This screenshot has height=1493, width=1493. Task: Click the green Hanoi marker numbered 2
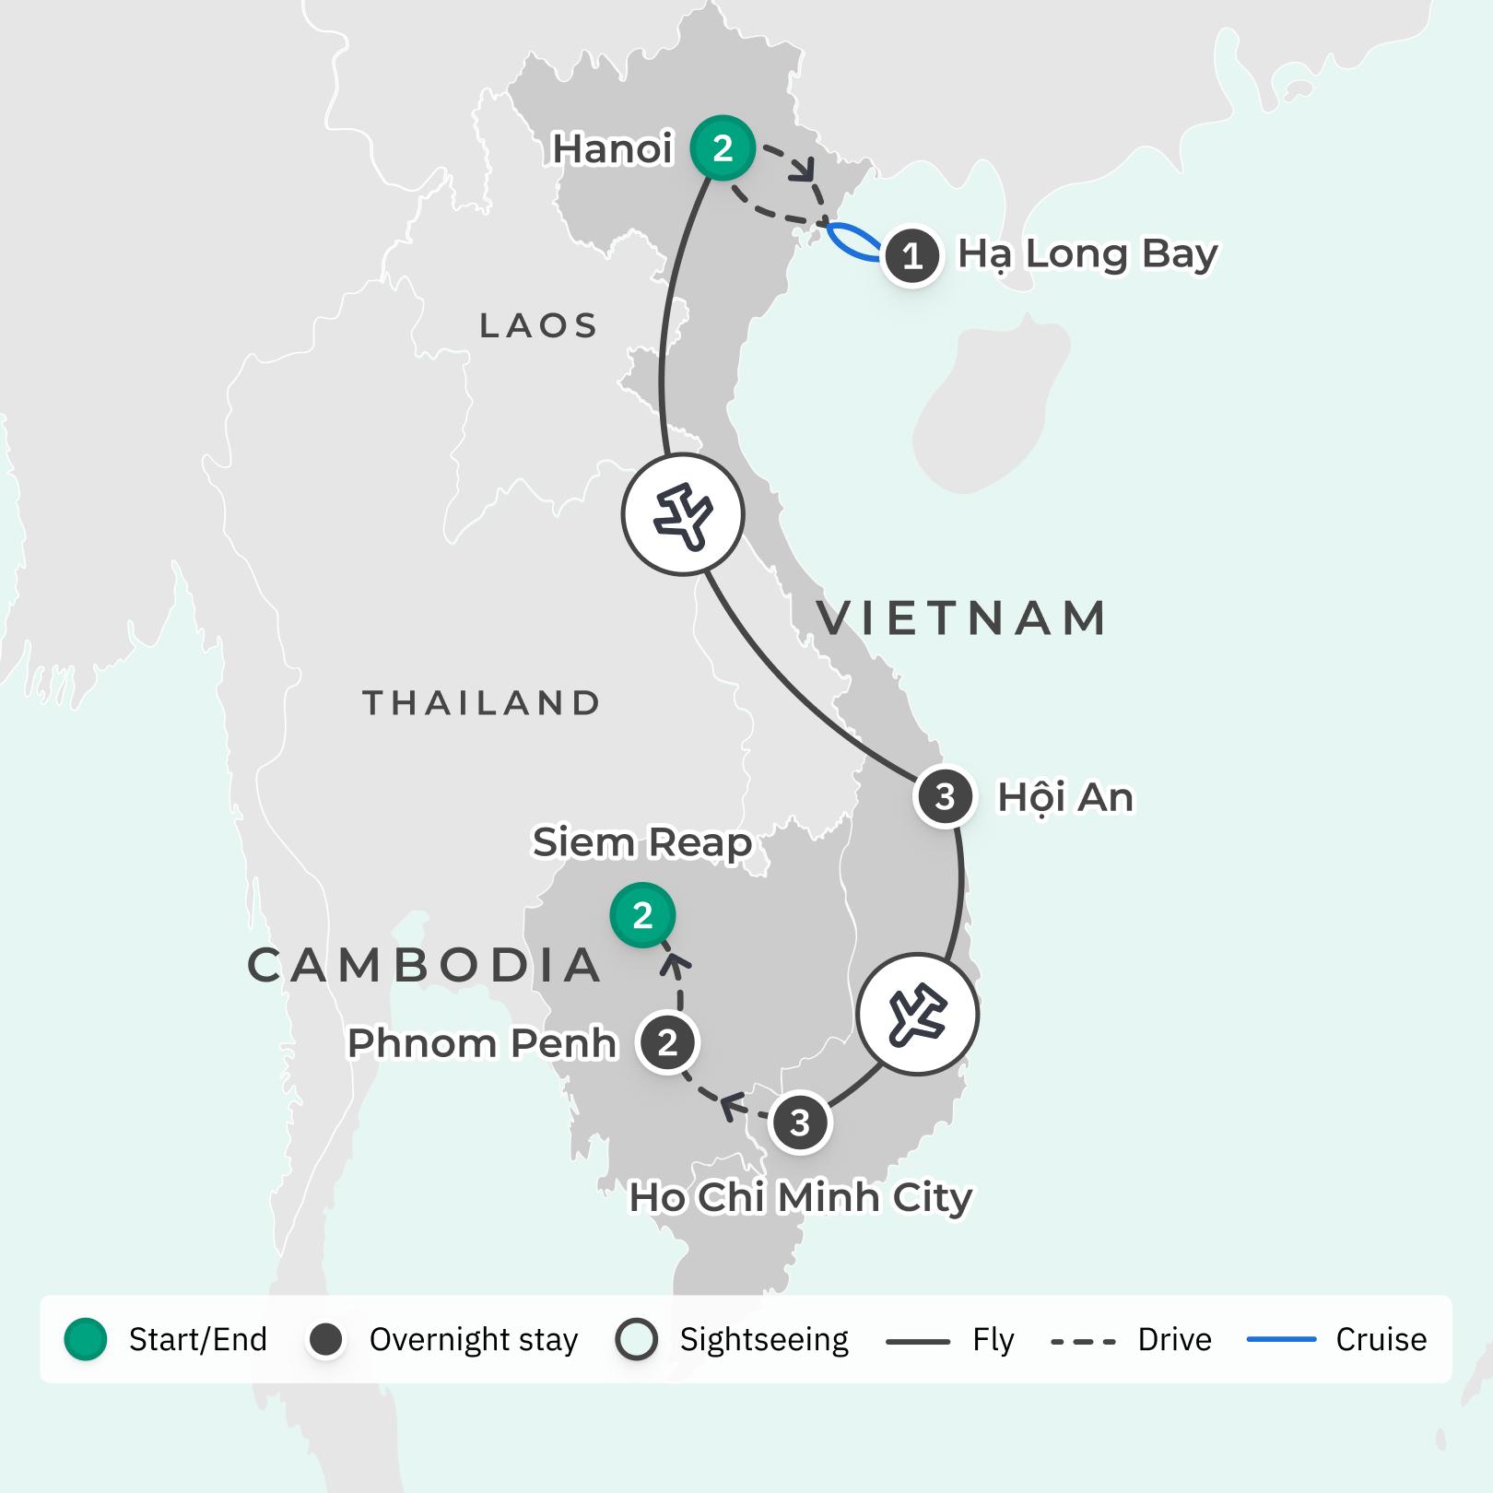(x=723, y=147)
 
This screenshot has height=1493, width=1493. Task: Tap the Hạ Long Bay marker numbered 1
(x=911, y=255)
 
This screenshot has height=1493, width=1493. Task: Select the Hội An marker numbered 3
(x=945, y=796)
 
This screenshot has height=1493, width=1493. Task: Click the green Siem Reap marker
(x=642, y=915)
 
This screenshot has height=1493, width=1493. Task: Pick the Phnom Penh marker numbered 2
(x=667, y=1043)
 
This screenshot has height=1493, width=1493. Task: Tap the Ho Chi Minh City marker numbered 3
(x=800, y=1123)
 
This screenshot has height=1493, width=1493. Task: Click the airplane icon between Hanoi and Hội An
(x=683, y=514)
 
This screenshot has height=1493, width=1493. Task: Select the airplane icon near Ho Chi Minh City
(x=917, y=1014)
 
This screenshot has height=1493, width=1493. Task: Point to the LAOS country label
(x=539, y=325)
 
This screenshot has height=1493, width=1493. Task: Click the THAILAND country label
(x=482, y=703)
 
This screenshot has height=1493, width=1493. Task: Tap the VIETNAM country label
(x=962, y=618)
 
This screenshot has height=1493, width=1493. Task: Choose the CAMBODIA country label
(x=425, y=965)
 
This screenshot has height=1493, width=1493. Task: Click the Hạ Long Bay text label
(x=1087, y=253)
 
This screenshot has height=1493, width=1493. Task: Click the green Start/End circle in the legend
(x=86, y=1339)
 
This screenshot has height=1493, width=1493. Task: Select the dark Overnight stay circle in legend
(x=326, y=1339)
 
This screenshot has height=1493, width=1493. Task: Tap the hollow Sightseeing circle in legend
(x=637, y=1339)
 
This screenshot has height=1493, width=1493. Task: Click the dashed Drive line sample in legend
(x=1083, y=1341)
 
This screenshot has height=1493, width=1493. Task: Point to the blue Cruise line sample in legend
(x=1281, y=1339)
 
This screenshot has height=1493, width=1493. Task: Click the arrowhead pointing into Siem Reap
(x=676, y=965)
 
